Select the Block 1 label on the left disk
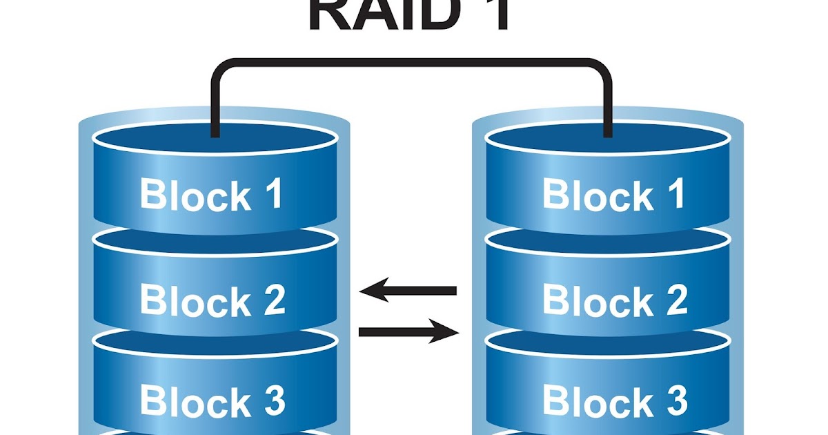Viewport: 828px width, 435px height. [x=211, y=195]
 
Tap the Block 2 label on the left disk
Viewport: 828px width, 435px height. [x=212, y=300]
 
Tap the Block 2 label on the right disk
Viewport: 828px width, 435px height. [x=614, y=300]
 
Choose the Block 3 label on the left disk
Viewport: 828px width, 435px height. [x=212, y=401]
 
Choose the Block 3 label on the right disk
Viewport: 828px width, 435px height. [x=614, y=400]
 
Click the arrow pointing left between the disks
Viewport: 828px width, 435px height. [x=408, y=291]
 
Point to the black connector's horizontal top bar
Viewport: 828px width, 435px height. [x=411, y=63]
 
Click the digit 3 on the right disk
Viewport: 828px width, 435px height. [x=675, y=400]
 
